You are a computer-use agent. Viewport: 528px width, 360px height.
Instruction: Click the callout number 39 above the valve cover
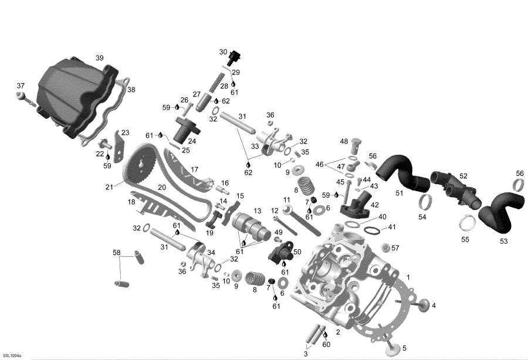pos(100,57)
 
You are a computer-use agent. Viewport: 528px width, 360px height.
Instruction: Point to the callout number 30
pos(223,52)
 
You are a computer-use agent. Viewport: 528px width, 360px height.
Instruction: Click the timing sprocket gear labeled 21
pos(141,168)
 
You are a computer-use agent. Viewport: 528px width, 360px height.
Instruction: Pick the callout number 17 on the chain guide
pos(194,169)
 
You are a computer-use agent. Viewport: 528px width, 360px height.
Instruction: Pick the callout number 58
pos(116,253)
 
